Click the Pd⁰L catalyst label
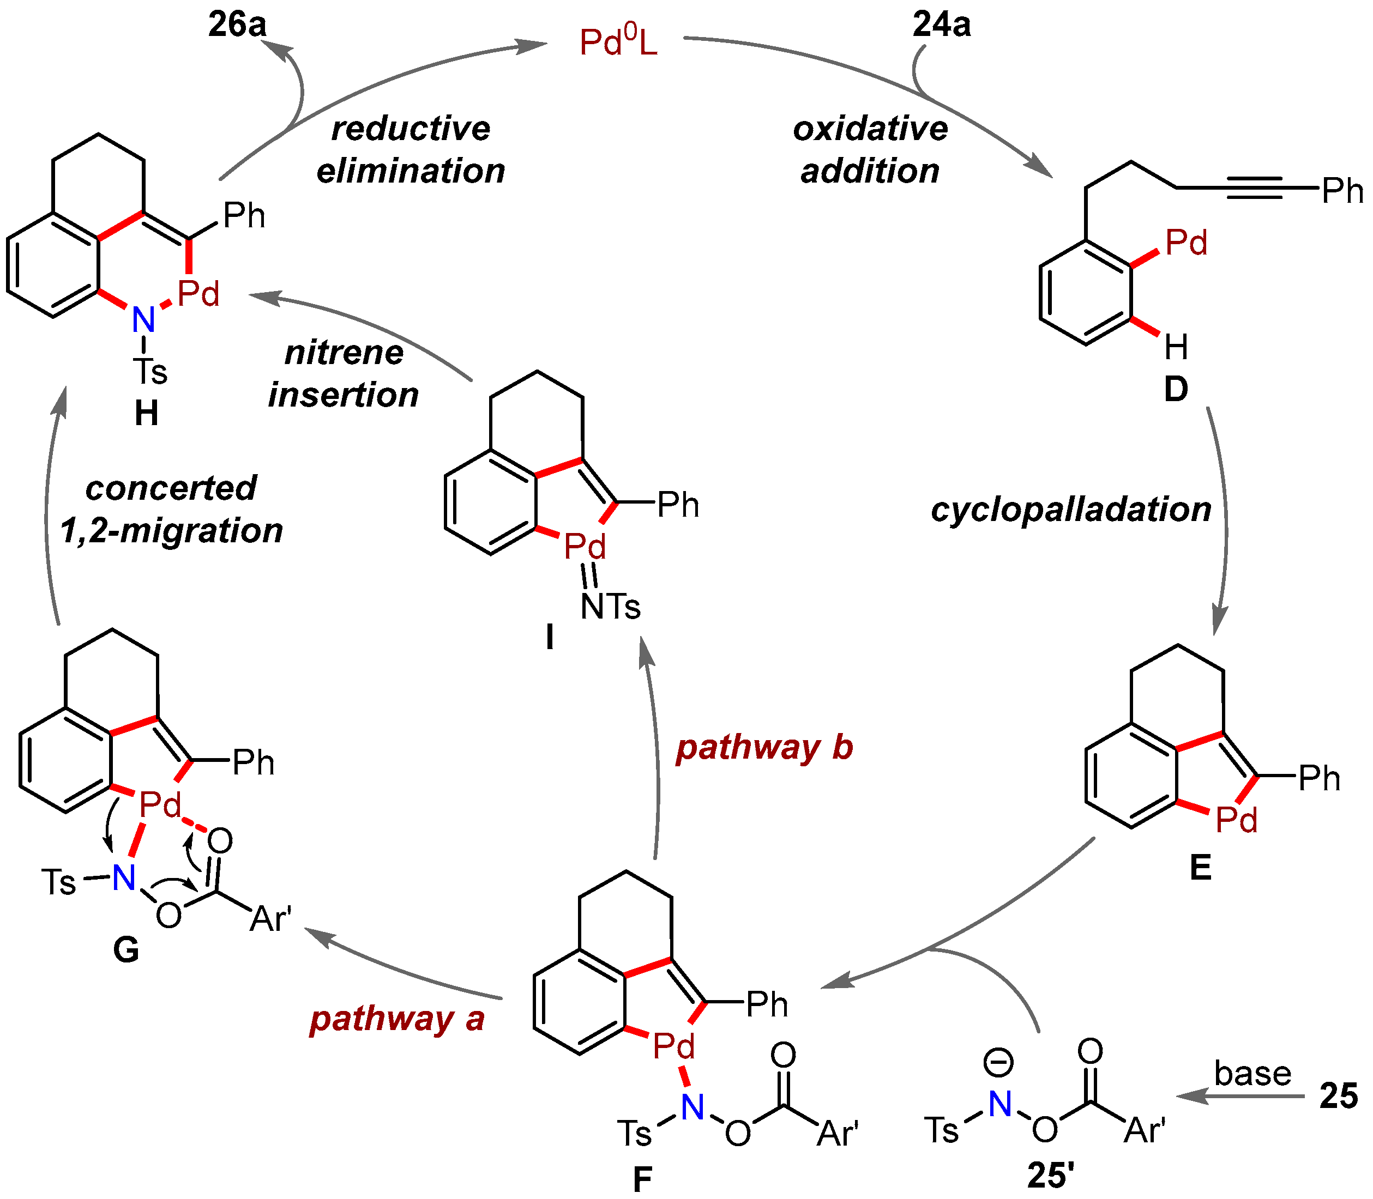[618, 42]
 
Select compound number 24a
[941, 25]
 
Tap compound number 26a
[237, 25]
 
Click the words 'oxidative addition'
[870, 149]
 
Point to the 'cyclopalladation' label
[1070, 510]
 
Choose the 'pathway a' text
[397, 1019]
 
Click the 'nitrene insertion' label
[344, 373]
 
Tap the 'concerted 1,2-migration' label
[171, 509]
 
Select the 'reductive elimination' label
[411, 149]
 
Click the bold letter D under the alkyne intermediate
[1176, 390]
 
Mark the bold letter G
[126, 949]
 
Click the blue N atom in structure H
[143, 320]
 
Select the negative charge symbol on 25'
[998, 1062]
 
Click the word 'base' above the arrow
[1252, 1073]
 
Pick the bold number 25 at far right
[1338, 1096]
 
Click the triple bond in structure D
[1254, 188]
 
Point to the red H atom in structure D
[1176, 347]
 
